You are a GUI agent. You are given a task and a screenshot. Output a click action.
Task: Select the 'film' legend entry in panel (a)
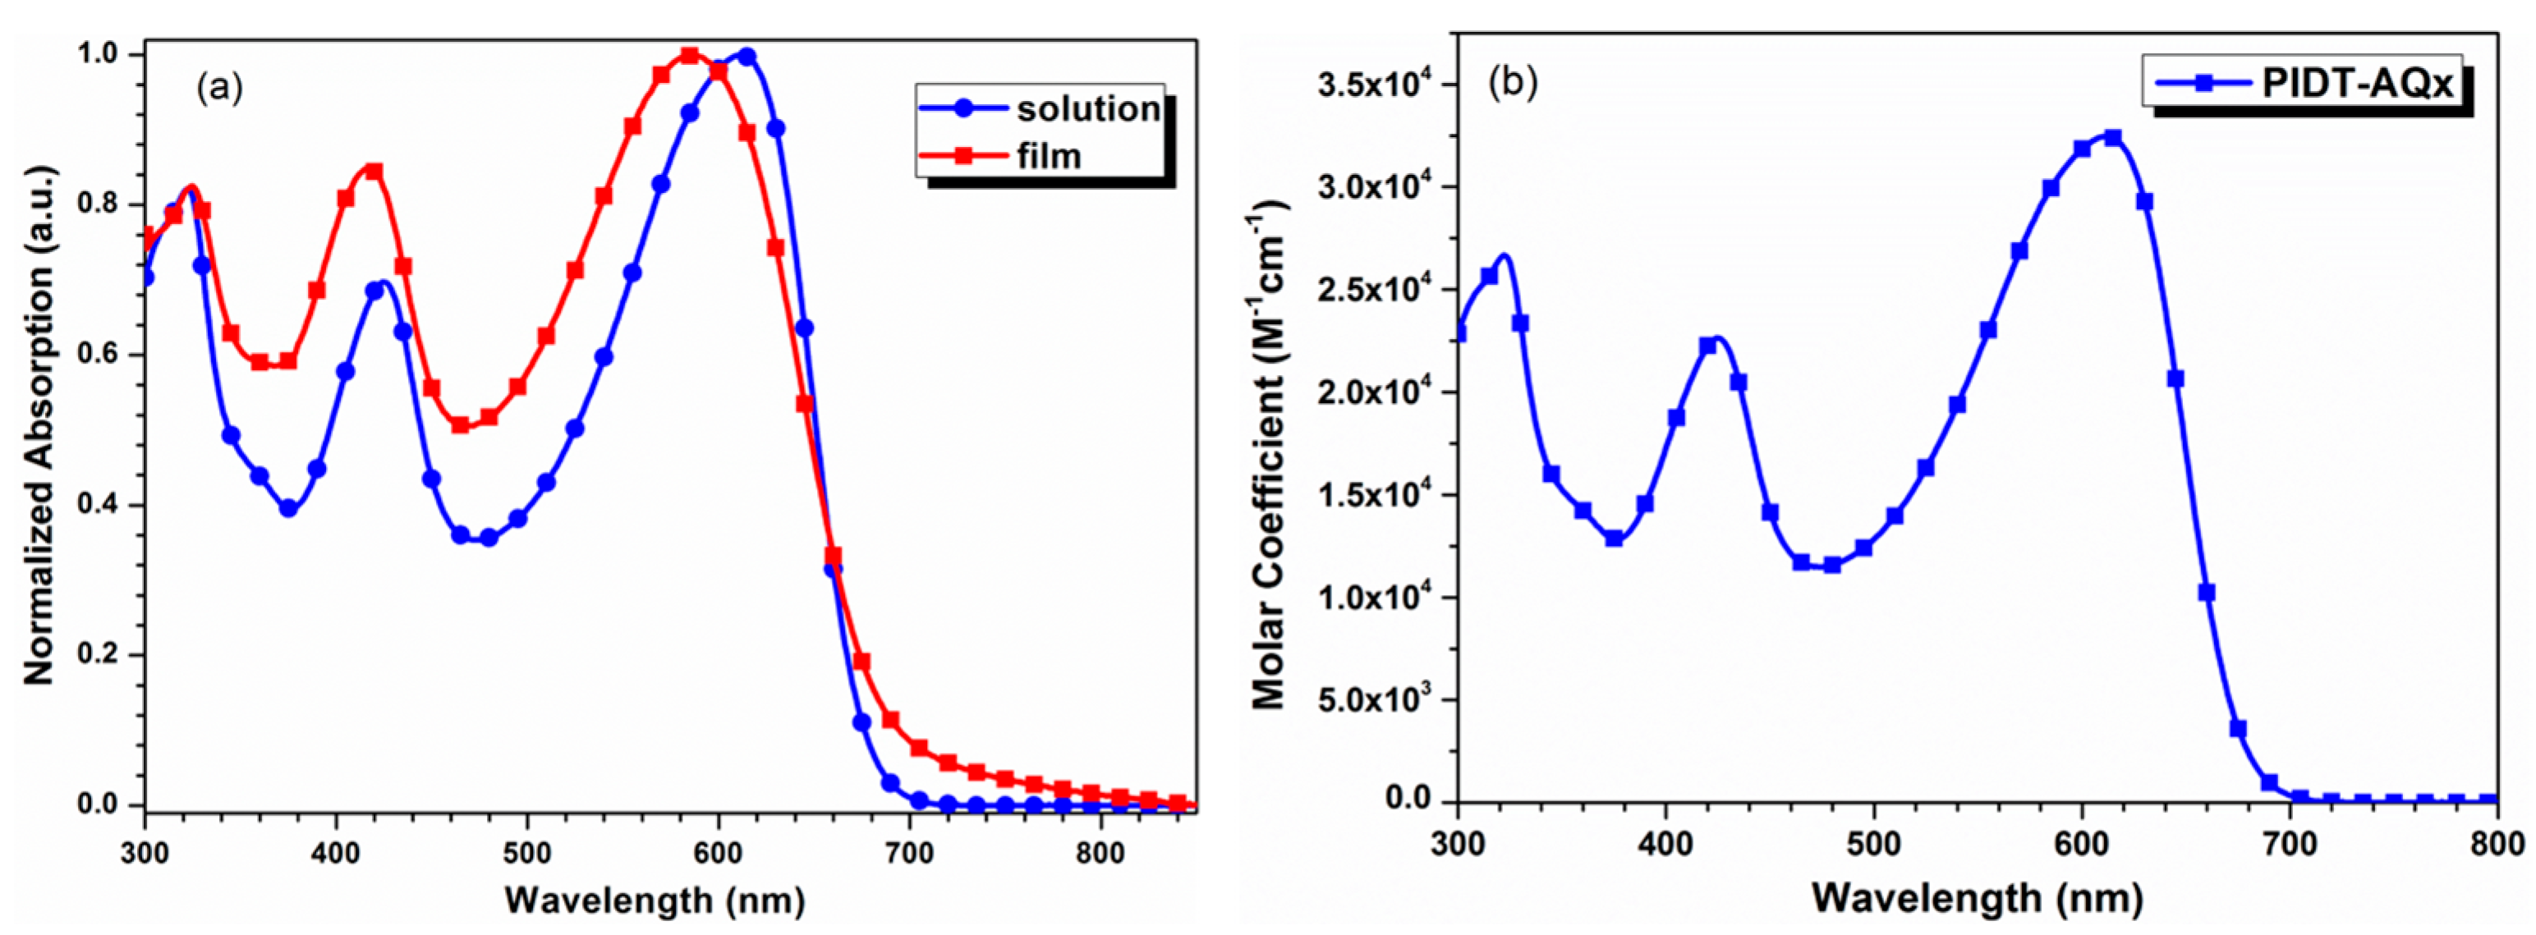pyautogui.click(x=1049, y=155)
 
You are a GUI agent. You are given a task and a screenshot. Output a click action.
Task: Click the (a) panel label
pyautogui.click(x=218, y=88)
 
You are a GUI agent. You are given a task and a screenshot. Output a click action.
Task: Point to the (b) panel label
pyautogui.click(x=1512, y=84)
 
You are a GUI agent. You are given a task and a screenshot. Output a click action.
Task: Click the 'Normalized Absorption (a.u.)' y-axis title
pyautogui.click(x=39, y=425)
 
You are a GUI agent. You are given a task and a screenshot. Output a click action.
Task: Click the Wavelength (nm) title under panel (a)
pyautogui.click(x=655, y=899)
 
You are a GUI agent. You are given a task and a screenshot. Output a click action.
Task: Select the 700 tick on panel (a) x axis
pyautogui.click(x=908, y=852)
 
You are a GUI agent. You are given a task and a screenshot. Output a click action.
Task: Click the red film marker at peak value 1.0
pyautogui.click(x=689, y=55)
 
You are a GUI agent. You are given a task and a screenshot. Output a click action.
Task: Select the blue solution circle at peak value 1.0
pyautogui.click(x=747, y=56)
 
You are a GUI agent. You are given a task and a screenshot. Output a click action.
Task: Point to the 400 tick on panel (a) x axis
pyautogui.click(x=336, y=852)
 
